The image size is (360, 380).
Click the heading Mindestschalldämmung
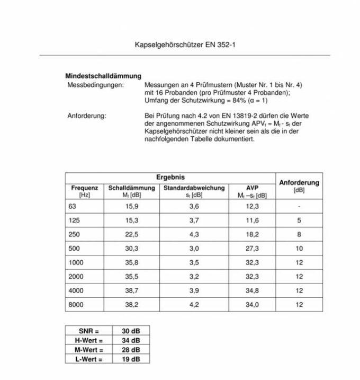pyautogui.click(x=103, y=76)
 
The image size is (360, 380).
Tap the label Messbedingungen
pyautogui.click(x=96, y=85)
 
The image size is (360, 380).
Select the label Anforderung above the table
pyautogui.click(x=87, y=116)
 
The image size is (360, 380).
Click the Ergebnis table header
pyautogui.click(x=170, y=177)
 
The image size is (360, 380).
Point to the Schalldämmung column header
pyautogui.click(x=131, y=188)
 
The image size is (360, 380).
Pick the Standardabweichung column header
pyautogui.click(x=194, y=188)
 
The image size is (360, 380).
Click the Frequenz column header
pyautogui.click(x=85, y=188)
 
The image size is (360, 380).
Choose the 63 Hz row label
pyautogui.click(x=73, y=206)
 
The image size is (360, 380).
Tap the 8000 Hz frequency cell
pyautogui.click(x=76, y=305)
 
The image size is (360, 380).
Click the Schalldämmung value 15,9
pyautogui.click(x=131, y=206)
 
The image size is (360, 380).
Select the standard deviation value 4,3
pyautogui.click(x=194, y=234)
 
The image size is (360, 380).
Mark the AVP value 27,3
pyautogui.click(x=253, y=248)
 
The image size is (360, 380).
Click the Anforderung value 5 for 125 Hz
pyautogui.click(x=299, y=220)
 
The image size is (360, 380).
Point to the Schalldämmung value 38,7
pyautogui.click(x=131, y=290)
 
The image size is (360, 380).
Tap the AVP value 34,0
pyautogui.click(x=253, y=305)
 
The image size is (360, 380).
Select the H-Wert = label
pyautogui.click(x=86, y=340)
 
